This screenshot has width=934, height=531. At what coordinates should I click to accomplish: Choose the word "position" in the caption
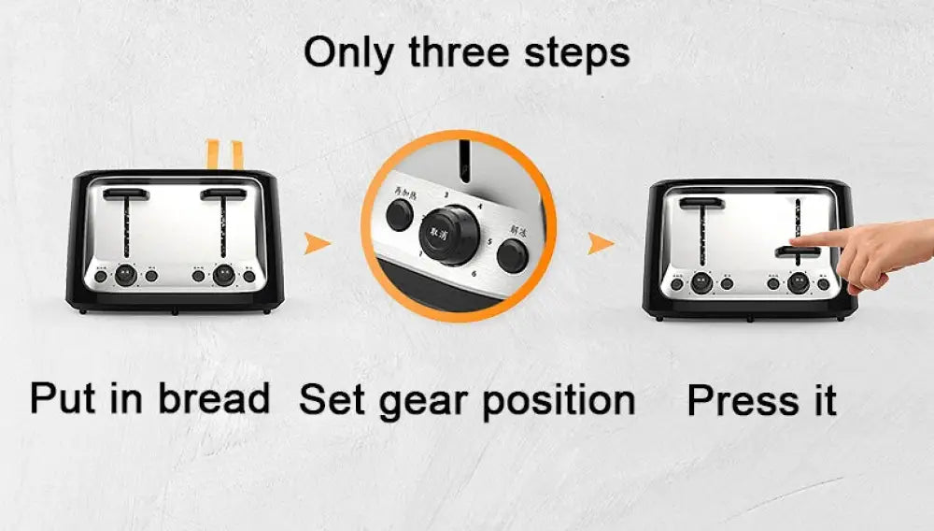[559, 402]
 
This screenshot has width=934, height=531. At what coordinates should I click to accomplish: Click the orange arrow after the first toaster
[318, 244]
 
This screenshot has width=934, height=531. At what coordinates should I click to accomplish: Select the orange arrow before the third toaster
[601, 244]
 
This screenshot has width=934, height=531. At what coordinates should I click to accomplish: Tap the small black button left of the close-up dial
[401, 217]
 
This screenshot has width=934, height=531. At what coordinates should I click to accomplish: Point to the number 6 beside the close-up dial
[474, 274]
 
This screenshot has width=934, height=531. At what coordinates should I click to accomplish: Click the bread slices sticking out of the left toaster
[224, 154]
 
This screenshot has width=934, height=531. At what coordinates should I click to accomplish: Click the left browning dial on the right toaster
[701, 282]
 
